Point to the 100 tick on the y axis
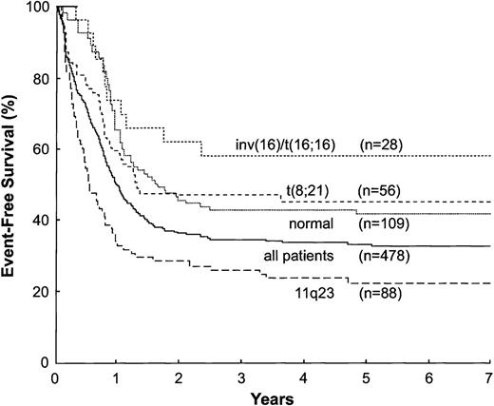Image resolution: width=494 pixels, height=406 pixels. pos(36,8)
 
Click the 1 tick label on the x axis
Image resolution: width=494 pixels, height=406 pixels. pos(116,376)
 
